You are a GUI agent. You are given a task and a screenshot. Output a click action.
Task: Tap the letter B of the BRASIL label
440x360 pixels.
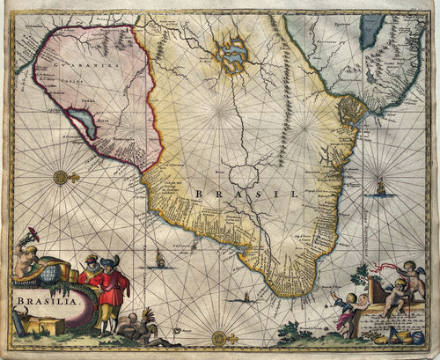(200, 194)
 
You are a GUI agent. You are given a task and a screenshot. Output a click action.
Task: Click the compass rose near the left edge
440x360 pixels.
(61, 177)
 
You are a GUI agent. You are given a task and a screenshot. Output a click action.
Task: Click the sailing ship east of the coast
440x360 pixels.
(380, 187)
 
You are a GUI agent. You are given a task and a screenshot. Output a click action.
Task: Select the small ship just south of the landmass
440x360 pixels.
(236, 296)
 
